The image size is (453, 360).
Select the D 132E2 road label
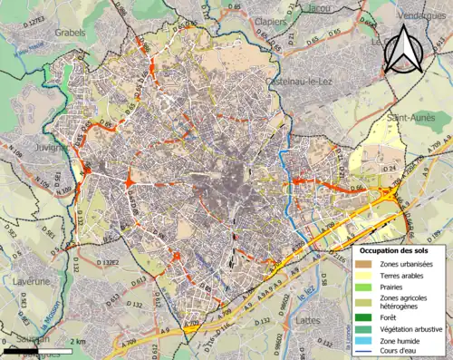pos(106,263)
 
